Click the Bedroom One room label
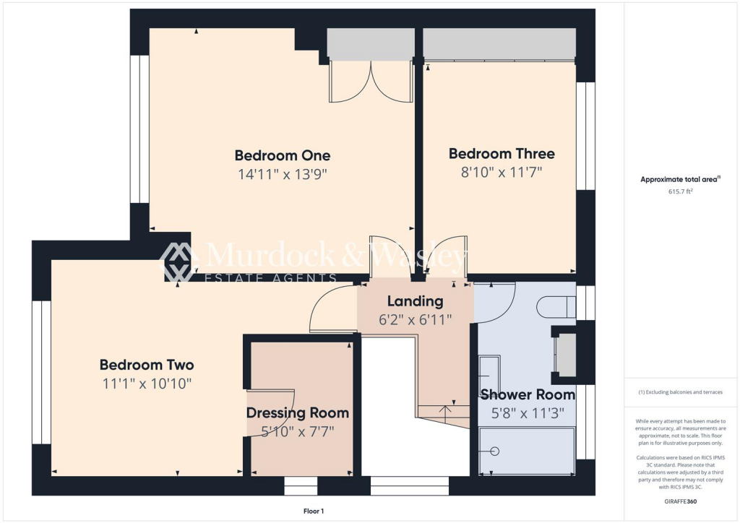click(282, 155)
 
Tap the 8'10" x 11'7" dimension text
click(501, 172)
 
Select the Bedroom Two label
click(147, 365)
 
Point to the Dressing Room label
click(298, 413)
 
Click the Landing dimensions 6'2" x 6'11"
click(416, 319)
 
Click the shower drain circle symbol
click(494, 451)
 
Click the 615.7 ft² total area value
click(680, 192)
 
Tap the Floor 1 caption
click(313, 511)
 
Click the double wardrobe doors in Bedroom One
click(370, 82)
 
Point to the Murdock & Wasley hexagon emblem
click(179, 261)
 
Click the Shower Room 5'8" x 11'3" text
click(528, 414)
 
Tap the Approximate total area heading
click(680, 179)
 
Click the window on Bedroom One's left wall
click(139, 129)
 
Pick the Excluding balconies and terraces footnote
click(680, 392)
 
